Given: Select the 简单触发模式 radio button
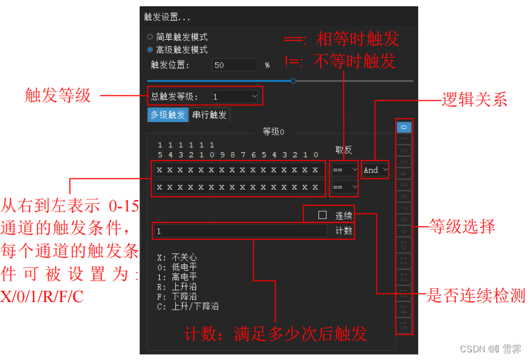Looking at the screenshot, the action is pos(150,37).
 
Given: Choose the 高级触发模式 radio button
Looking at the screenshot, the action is pos(150,50).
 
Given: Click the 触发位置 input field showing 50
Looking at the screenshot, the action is pos(235,65).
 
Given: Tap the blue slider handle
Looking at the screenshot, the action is pos(293,81).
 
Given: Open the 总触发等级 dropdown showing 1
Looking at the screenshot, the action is pos(235,96).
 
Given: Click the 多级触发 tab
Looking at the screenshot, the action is pos(168,115).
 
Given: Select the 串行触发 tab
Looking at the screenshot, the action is pos(209,115).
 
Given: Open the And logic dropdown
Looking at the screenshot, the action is pos(376,170).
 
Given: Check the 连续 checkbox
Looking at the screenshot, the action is pos(323,215).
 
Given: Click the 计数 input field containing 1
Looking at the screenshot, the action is pos(241,231).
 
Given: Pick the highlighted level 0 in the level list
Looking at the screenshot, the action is pos(404,128).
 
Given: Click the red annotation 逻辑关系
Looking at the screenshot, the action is pos(474,99).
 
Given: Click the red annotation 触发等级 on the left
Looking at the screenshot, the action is pos(57,96).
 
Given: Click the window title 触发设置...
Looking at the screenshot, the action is pos(167,17).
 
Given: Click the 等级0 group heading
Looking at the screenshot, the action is pos(273,131).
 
